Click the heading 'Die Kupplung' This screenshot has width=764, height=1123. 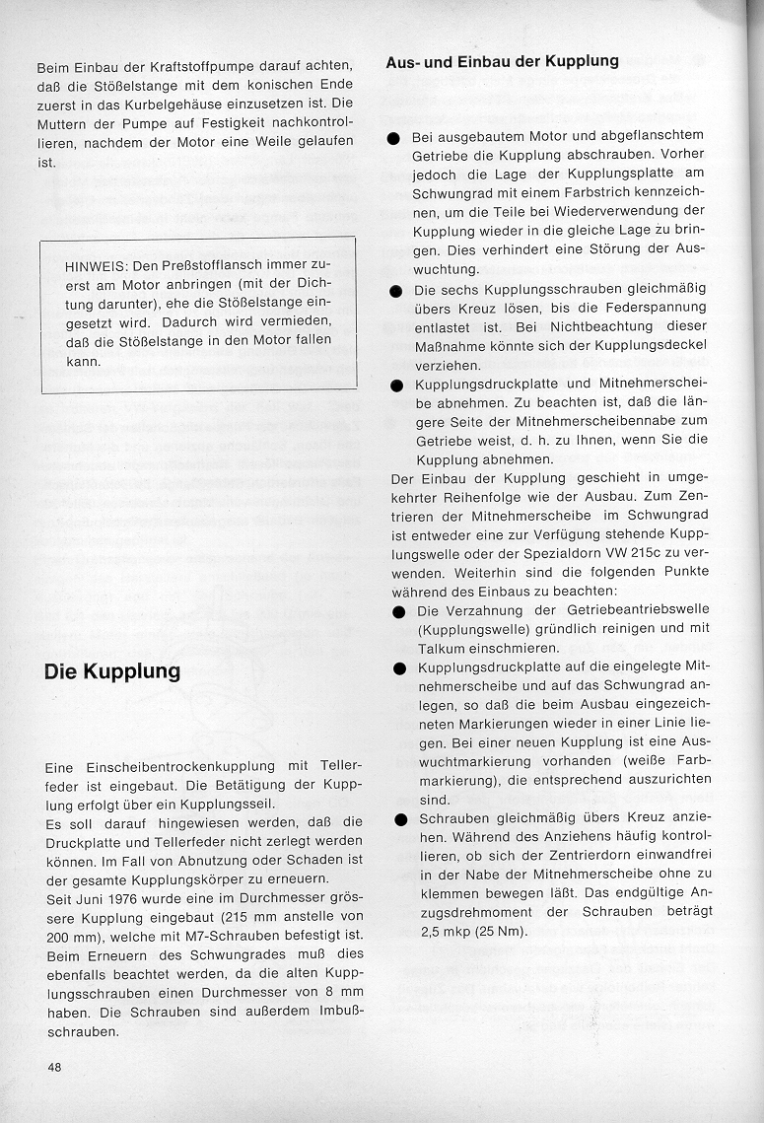click(112, 672)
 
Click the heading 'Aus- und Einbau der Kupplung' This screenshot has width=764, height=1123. click(502, 61)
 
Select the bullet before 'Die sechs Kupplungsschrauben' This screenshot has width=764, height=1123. click(395, 292)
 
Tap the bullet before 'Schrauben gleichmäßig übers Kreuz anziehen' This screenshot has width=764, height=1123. click(399, 818)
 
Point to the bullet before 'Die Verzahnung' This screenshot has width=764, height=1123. click(398, 611)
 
